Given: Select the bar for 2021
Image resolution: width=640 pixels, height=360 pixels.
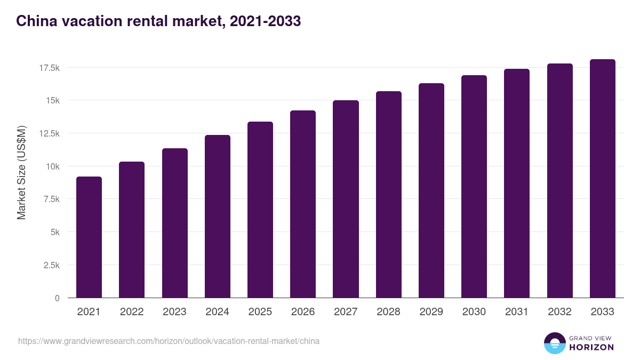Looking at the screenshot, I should [89, 237].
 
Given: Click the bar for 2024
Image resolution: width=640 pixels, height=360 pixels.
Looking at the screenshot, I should [218, 216].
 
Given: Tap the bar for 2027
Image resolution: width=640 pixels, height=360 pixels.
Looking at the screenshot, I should [346, 199].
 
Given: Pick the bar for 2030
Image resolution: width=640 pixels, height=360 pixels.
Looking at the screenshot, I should [474, 187].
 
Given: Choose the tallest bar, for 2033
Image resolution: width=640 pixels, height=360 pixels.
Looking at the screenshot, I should [602, 179].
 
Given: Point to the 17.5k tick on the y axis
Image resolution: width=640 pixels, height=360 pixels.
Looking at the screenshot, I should [49, 68].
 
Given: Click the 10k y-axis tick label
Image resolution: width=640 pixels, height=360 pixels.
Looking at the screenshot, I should [52, 166].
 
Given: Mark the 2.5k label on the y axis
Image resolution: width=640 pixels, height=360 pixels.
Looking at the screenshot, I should [51, 265].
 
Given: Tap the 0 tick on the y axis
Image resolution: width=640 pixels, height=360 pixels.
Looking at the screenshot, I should [57, 298].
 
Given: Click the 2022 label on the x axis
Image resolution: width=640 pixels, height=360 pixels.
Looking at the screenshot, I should [132, 312].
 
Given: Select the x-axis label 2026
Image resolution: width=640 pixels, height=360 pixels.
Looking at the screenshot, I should [303, 312].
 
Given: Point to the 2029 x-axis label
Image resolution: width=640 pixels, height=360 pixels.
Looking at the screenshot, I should [431, 312].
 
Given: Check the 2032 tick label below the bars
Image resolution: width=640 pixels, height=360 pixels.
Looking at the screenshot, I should [559, 312].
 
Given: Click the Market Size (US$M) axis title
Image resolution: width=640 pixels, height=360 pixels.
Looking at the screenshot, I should [21, 172].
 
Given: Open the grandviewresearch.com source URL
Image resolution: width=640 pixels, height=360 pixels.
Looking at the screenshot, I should [169, 341].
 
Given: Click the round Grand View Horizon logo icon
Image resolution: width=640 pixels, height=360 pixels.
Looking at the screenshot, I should [554, 343].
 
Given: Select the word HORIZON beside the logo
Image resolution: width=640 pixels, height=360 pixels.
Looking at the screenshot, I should [591, 347].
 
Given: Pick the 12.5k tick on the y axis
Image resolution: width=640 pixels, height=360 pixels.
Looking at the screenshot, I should [49, 133].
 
